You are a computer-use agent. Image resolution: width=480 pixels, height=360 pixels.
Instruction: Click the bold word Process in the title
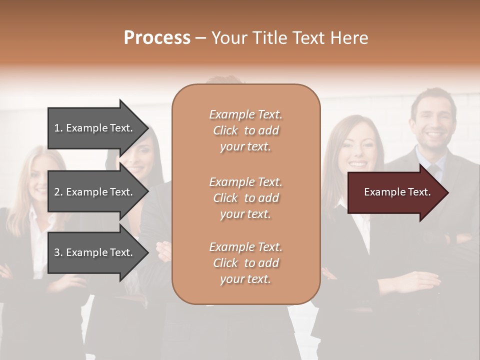(x=157, y=38)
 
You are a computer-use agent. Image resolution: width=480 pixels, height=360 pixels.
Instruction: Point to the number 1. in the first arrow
(x=58, y=128)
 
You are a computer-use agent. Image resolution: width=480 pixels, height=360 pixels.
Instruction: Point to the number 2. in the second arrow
(x=58, y=192)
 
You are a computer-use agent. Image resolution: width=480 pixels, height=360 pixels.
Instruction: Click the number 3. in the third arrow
(x=58, y=252)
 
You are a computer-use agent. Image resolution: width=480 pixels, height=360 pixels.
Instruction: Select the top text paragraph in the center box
(x=245, y=130)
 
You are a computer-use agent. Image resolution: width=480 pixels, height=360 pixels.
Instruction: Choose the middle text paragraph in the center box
(x=245, y=198)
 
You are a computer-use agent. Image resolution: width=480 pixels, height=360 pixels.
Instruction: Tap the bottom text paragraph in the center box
(x=245, y=263)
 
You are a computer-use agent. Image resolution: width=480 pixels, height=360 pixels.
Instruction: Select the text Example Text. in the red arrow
(x=397, y=192)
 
